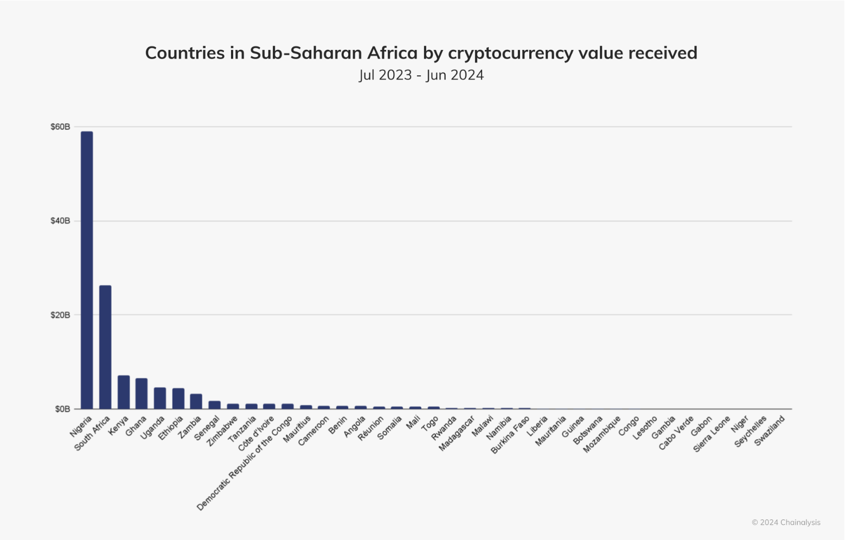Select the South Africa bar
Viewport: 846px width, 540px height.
tap(105, 347)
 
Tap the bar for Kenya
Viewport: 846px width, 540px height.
tap(124, 392)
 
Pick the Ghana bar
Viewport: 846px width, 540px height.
tap(142, 394)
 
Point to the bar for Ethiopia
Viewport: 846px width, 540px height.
tap(178, 398)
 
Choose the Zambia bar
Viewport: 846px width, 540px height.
tap(196, 401)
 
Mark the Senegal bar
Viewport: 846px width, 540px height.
tap(215, 405)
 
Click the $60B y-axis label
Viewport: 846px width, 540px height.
tap(60, 127)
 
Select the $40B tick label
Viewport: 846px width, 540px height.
tap(60, 221)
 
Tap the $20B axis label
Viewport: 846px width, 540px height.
tap(60, 315)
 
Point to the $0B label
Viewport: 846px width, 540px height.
tap(62, 409)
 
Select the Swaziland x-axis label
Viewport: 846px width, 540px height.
tap(770, 430)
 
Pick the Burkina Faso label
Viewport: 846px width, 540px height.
tap(510, 435)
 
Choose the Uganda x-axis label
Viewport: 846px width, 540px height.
tap(152, 427)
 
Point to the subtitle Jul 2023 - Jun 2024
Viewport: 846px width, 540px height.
tap(421, 75)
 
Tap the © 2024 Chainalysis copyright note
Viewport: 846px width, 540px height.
tap(786, 523)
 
